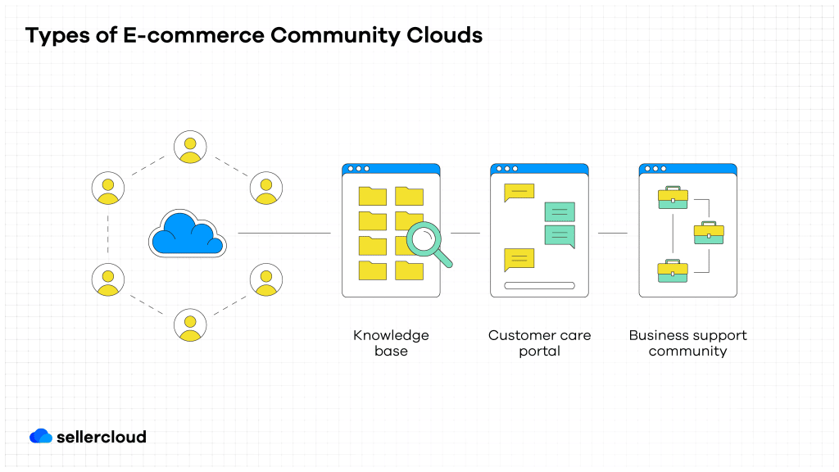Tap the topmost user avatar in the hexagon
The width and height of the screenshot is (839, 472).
point(190,147)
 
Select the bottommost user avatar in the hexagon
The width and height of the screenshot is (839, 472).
point(190,324)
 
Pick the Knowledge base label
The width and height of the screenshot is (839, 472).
point(391,343)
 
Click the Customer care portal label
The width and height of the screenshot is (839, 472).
point(539,343)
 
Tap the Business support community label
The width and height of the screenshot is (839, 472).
point(687,343)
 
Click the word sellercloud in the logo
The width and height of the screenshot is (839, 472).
point(102,437)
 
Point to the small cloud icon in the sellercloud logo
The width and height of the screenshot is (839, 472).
point(41,436)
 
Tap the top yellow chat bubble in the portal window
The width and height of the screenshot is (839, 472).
point(519,193)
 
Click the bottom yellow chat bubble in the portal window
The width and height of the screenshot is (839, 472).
point(519,260)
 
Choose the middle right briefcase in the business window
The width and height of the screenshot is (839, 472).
point(709,233)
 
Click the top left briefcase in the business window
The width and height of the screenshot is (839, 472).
point(673,198)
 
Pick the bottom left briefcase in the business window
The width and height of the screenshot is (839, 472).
point(673,271)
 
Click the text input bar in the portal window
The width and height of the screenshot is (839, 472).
point(539,286)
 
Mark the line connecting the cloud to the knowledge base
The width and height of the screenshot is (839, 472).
point(283,233)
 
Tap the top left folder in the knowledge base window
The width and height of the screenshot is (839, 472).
point(373,196)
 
